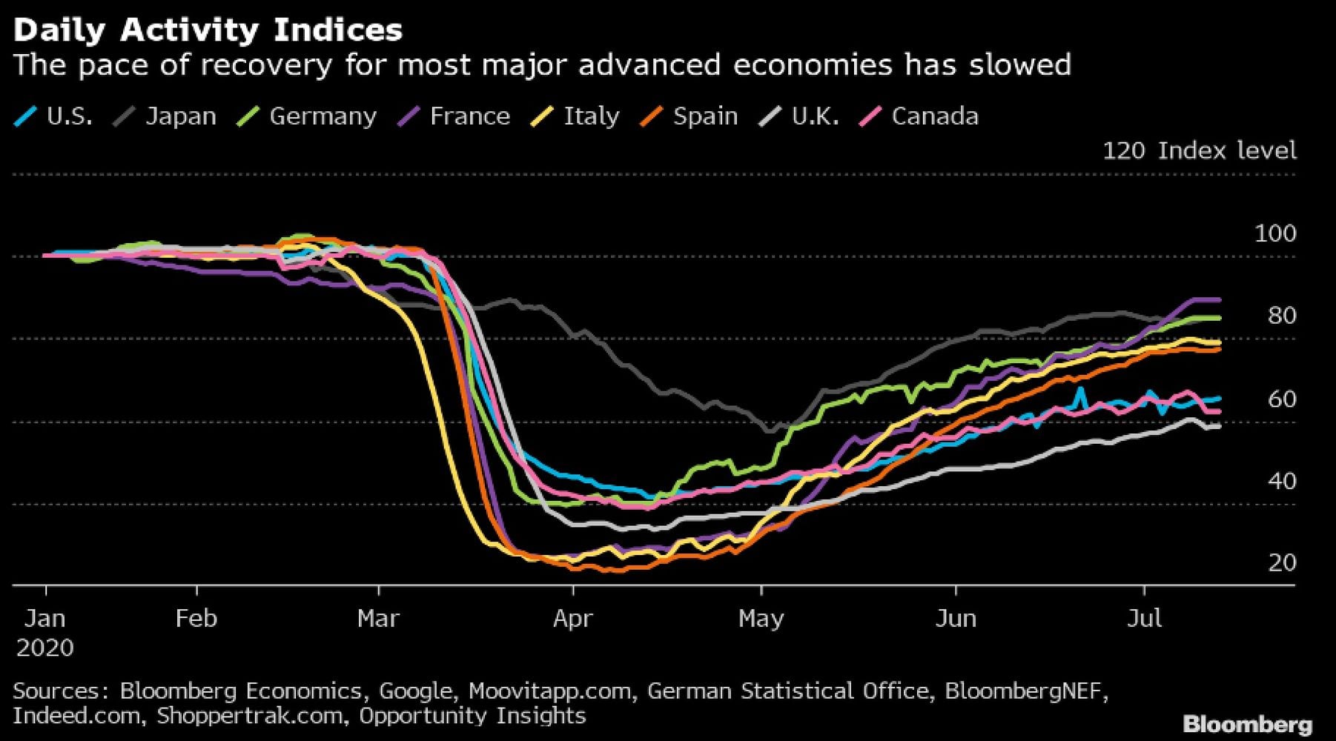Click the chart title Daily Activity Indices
pos(208,30)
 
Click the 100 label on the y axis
pos(1275,234)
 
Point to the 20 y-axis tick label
pos(1282,563)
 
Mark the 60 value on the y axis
pos(1282,399)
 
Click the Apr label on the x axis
pos(572,618)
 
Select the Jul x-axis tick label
pos(1144,618)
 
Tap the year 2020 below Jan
pos(45,648)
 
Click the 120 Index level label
pos(1199,151)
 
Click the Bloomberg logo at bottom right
pos(1247,724)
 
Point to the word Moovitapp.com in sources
pos(549,691)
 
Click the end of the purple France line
pos(1219,299)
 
